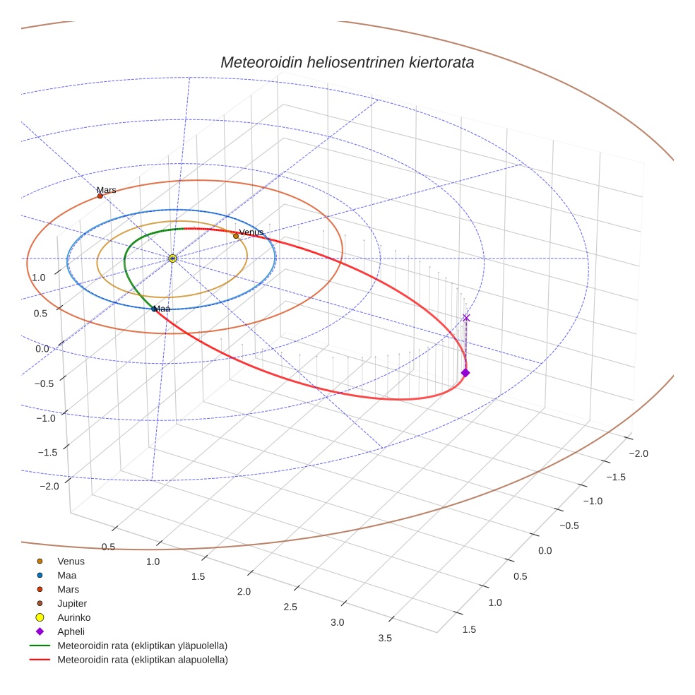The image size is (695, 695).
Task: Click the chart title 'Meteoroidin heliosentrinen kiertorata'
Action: pos(347,62)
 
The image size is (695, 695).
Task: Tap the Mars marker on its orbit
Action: pos(100,196)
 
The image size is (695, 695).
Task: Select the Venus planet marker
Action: pos(236,236)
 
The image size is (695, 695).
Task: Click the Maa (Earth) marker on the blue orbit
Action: pos(154,309)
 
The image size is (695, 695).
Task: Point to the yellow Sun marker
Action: pos(172,259)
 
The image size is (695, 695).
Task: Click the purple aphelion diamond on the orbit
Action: pos(465,372)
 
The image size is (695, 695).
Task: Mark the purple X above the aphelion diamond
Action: pos(465,318)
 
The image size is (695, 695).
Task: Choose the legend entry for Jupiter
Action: pos(72,603)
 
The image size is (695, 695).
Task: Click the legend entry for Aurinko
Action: pos(73,617)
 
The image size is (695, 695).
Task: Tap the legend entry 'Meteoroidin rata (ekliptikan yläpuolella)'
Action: pos(142,646)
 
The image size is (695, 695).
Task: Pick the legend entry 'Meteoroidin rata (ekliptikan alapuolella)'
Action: pos(142,660)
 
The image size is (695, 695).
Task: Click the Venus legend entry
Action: pos(71,561)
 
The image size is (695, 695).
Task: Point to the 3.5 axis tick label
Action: pos(385,638)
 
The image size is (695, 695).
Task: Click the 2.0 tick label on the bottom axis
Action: pos(244,591)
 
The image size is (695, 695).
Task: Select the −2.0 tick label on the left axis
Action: pos(49,487)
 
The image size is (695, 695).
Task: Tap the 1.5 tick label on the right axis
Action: pos(468,629)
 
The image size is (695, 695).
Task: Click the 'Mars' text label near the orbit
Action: pos(107,190)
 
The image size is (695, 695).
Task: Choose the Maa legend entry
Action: pos(67,575)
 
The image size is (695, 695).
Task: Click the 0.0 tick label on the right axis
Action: pos(545,550)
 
